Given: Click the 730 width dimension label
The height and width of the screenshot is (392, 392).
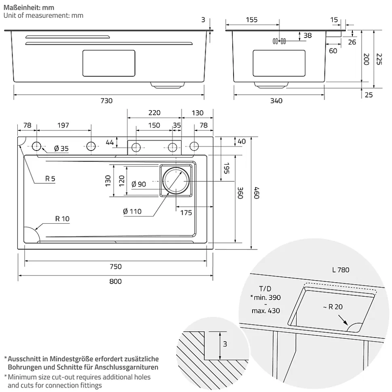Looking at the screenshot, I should pos(106,101).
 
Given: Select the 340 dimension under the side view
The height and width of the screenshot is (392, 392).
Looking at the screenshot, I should pos(276,101).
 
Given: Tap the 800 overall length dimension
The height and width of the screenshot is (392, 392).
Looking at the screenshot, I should pos(115,281).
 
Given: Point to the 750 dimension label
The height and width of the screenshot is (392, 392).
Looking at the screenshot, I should pos(115,266).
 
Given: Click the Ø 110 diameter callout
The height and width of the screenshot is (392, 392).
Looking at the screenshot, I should pos(132,211).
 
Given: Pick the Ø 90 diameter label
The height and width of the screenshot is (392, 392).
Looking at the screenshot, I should pos(139,184).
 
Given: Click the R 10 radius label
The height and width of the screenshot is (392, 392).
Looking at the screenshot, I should pos(62,219).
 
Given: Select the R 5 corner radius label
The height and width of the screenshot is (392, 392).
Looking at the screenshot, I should pos(50,178).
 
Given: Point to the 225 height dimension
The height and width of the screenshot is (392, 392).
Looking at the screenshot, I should pos(378,59).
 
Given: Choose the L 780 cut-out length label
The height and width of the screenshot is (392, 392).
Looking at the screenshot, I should pos(341,270).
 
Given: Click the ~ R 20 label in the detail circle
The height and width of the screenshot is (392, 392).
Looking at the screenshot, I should pos(333,307).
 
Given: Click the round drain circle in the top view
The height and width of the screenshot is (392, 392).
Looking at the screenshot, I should pos(176,180).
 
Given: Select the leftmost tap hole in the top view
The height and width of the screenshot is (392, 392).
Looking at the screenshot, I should pos(36,146).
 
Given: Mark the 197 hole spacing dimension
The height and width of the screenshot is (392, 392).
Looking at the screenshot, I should pos(63,125).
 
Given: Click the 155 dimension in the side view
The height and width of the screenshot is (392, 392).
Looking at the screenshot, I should pos(251,20).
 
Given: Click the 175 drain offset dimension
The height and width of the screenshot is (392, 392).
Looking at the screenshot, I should pos(186,213).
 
